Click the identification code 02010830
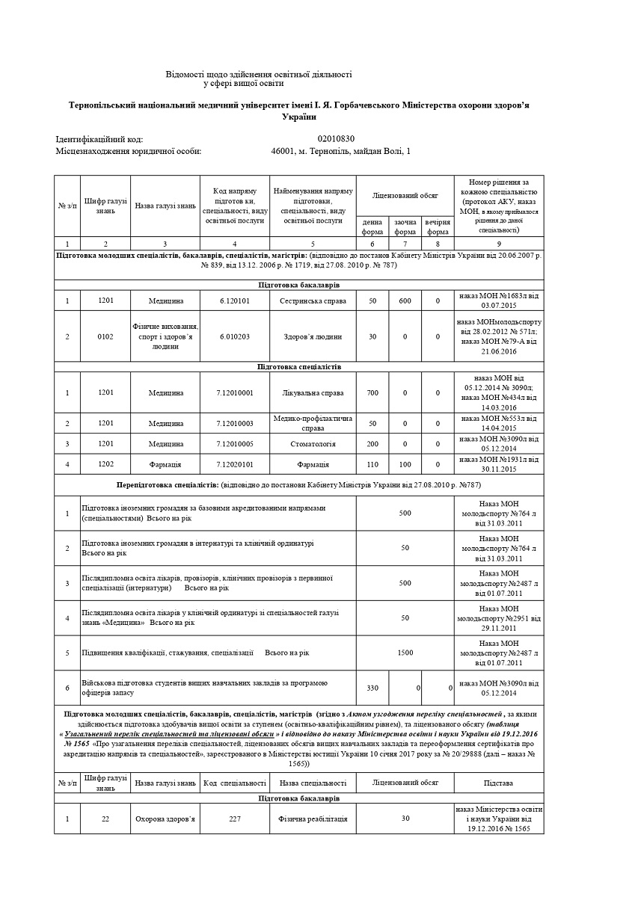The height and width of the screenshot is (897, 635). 336,139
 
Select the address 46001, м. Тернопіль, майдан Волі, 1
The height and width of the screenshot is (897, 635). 340,152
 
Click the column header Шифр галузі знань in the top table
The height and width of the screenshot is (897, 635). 105,206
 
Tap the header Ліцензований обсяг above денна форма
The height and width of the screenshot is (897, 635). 405,194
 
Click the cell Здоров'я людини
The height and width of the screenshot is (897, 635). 313,336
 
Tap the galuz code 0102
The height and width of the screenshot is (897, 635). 105,336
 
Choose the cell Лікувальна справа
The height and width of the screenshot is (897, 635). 313,392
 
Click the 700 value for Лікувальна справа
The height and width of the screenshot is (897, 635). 372,392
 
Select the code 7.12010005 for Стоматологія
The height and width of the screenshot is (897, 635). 234,444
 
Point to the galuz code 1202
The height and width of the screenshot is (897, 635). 105,464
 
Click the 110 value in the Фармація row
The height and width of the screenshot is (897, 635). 372,464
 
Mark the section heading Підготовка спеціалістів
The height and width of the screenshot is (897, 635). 299,367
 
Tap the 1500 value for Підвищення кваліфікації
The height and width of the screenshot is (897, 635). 405,653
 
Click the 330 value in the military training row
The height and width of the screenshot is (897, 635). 372,688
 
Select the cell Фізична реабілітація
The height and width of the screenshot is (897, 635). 313,819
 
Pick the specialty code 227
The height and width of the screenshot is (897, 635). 234,819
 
